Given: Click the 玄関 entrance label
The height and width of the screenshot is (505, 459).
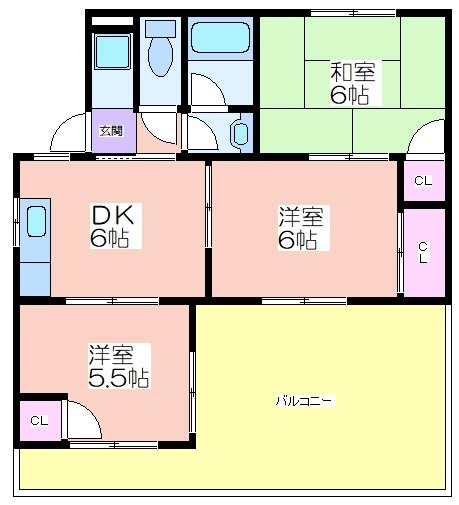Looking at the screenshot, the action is tap(111, 131).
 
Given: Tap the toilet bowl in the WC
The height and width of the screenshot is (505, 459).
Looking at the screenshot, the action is tap(160, 57).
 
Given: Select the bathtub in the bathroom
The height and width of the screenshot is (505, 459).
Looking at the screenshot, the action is tap(220, 37).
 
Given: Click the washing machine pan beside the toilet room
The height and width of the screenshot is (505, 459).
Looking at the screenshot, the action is tap(112, 51).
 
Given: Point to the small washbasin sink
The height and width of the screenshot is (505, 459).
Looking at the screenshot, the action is tap(241, 133).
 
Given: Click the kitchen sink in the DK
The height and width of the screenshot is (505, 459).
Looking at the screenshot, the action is tap(36, 222).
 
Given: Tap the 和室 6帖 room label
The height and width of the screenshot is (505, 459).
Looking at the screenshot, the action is tap(352, 83).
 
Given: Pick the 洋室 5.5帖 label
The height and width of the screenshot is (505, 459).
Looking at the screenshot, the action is tap(118, 366).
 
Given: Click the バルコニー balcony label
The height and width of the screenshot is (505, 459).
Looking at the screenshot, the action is tap(304, 400).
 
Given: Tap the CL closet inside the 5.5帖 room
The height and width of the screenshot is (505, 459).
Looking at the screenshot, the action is tap(40, 421).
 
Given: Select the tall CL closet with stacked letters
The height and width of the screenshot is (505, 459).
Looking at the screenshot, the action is tap(424, 253).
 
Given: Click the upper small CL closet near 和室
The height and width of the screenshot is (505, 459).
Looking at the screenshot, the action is tap(424, 181).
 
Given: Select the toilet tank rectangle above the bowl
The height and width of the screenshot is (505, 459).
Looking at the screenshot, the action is tap(160, 29).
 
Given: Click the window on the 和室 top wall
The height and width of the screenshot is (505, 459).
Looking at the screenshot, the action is tap(353, 13).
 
